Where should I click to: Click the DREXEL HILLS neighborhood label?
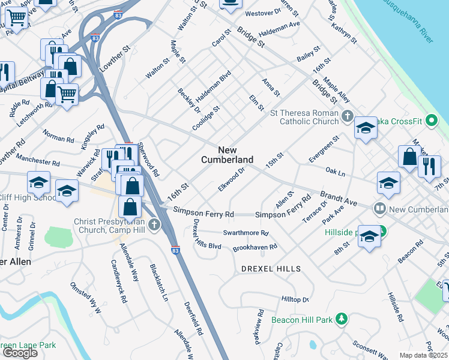(x=271, y=269)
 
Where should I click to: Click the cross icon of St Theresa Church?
(x=347, y=115)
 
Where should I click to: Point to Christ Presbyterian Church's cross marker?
(x=154, y=226)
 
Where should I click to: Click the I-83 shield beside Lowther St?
(x=96, y=38)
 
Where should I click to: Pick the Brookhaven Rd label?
(x=255, y=247)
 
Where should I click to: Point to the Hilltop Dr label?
(x=295, y=299)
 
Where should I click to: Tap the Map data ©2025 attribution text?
(x=424, y=355)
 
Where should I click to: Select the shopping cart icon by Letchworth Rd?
(x=67, y=94)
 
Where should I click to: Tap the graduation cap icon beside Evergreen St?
(x=366, y=129)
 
